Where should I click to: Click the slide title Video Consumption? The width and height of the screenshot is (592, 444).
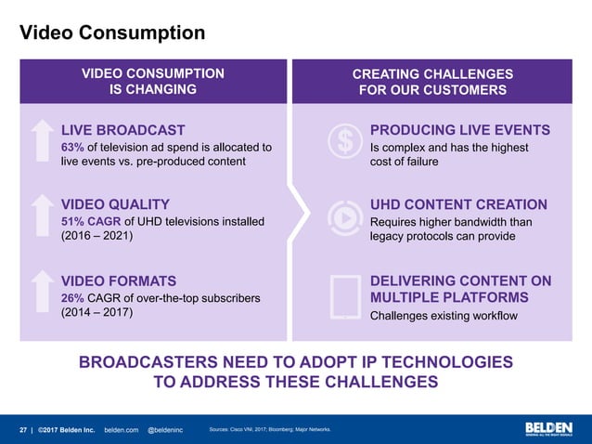(112, 33)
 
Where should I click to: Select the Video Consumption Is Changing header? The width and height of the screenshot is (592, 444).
(152, 82)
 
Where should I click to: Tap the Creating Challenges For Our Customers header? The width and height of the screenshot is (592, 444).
(432, 82)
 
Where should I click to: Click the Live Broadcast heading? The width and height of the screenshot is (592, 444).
(122, 130)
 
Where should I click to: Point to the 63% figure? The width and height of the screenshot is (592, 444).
(72, 147)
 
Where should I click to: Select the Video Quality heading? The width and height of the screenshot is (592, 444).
(115, 204)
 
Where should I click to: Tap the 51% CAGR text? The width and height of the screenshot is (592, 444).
(91, 221)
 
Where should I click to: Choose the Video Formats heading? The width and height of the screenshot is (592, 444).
(118, 281)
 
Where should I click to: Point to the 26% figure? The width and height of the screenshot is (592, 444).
(72, 297)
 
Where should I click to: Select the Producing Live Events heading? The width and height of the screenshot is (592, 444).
(460, 130)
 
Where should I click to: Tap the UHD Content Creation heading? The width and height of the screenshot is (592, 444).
(458, 204)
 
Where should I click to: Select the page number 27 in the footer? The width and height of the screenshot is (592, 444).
(24, 430)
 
